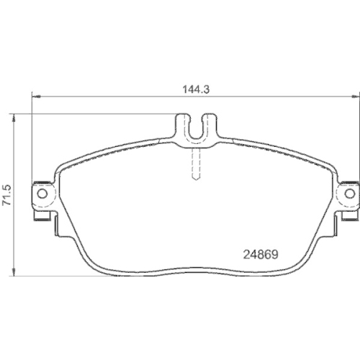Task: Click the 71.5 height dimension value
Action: click(7, 194)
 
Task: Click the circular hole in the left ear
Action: click(42, 194)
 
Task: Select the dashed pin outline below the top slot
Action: click(195, 162)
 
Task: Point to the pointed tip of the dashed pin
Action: click(195, 179)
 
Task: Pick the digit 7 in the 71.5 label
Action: click(7, 205)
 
